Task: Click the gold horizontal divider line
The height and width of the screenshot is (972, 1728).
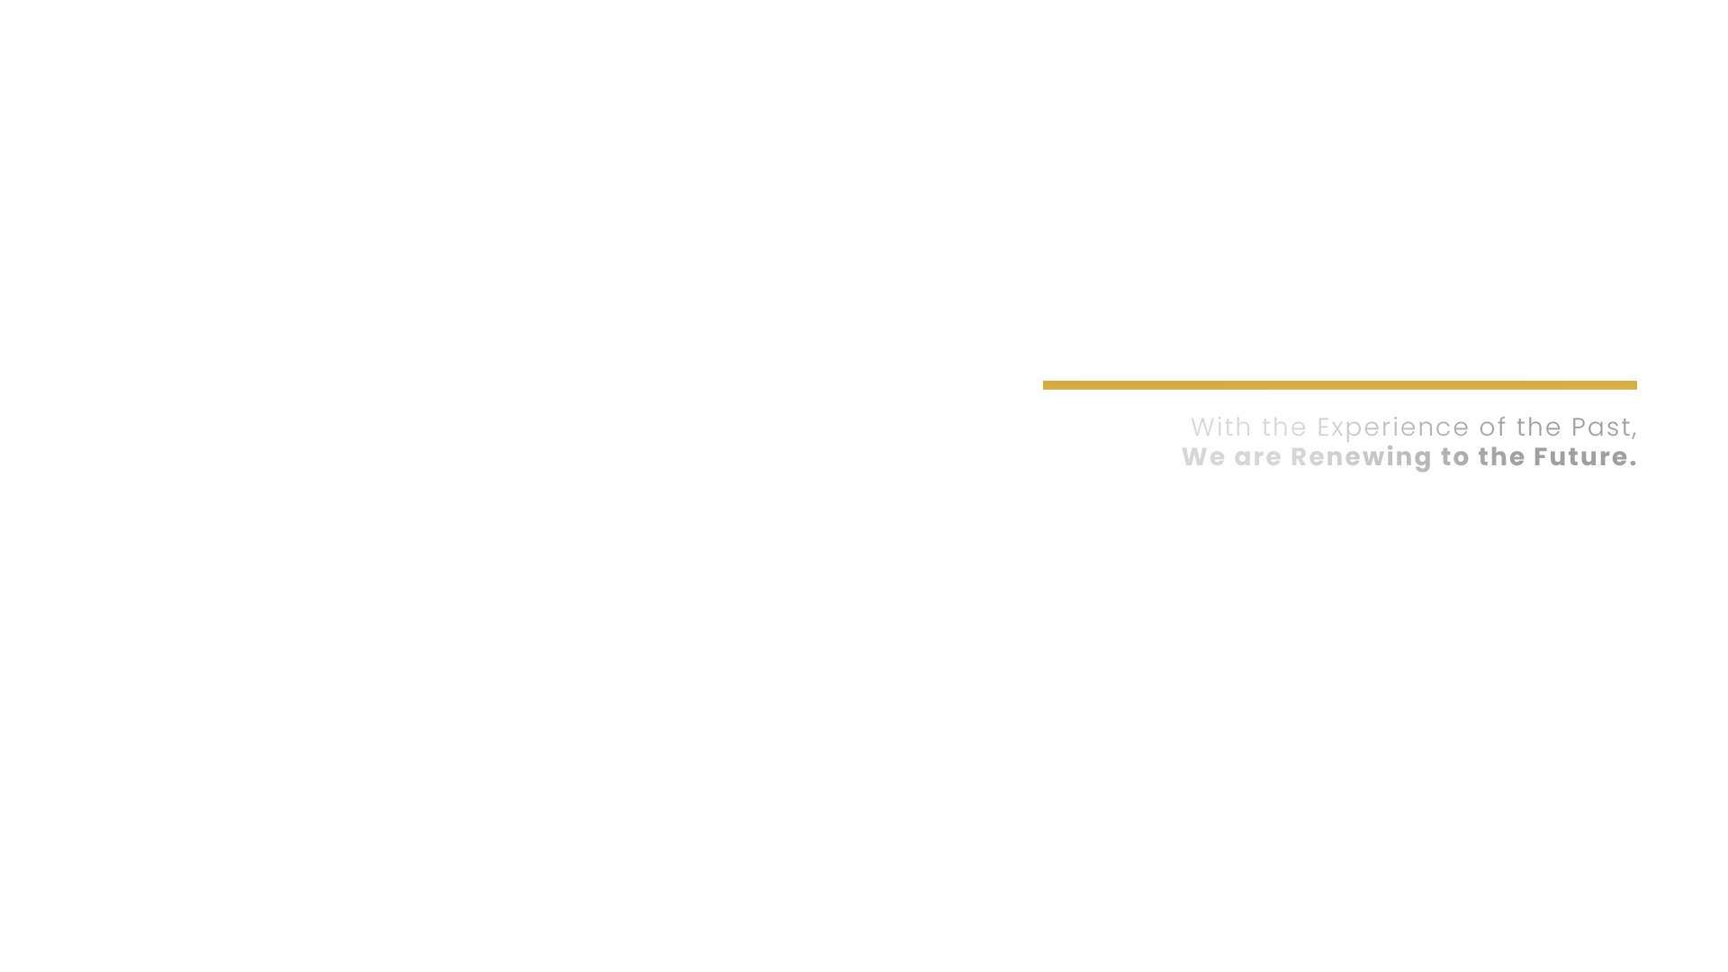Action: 1339,385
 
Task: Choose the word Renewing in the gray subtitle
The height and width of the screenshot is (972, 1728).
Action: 1361,457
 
